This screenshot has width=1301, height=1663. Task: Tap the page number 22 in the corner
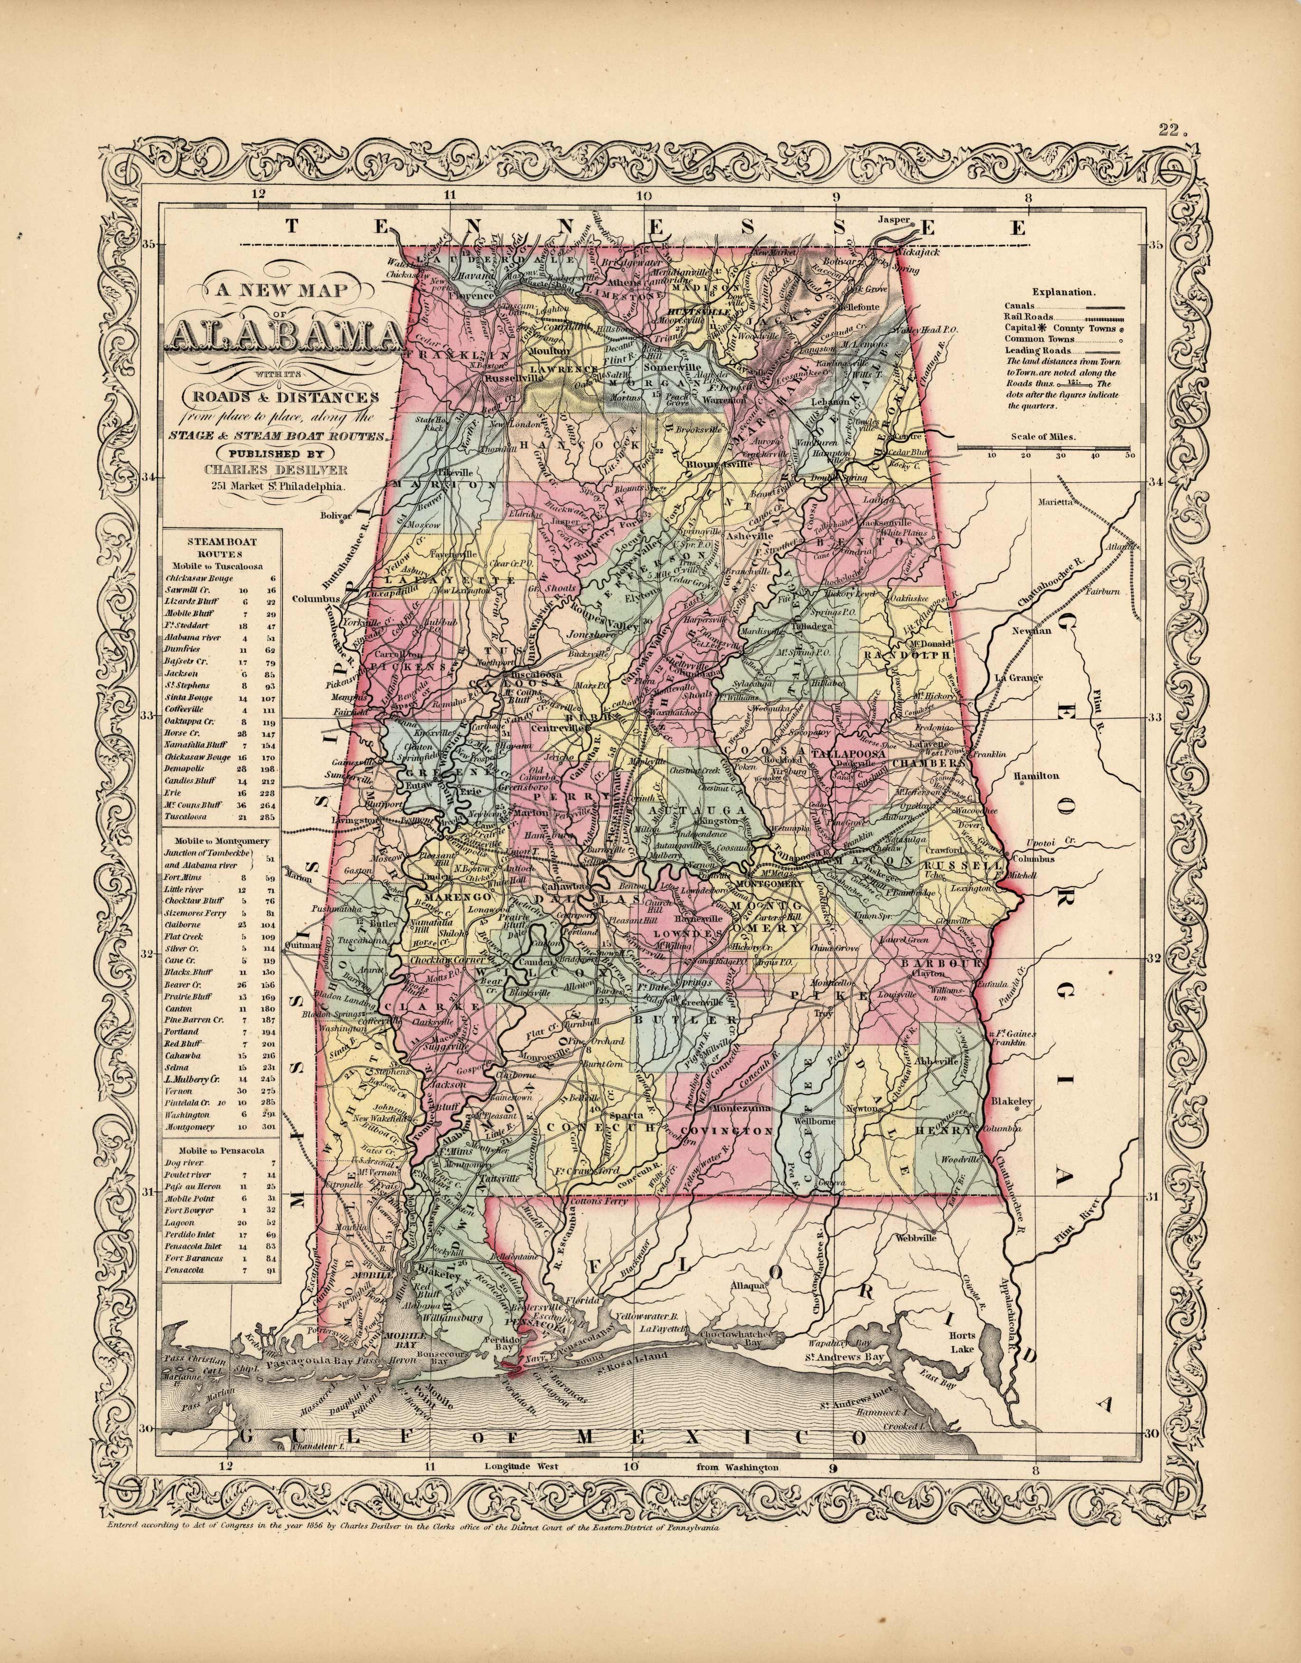pyautogui.click(x=1174, y=130)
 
